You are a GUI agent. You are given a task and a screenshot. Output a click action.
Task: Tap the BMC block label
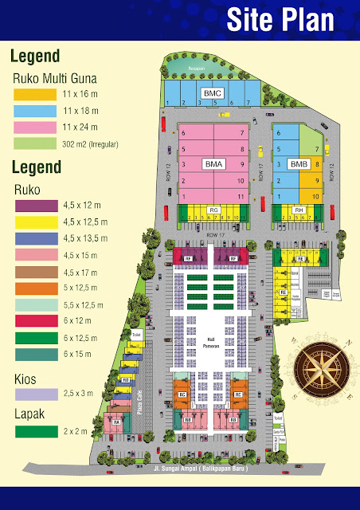tap(212, 94)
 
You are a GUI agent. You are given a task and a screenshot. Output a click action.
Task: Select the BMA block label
tap(213, 164)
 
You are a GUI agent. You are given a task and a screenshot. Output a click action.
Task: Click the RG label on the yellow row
tap(213, 210)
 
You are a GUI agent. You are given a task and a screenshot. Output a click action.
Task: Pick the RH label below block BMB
tap(299, 210)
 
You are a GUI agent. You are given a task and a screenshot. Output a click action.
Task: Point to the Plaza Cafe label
tap(139, 403)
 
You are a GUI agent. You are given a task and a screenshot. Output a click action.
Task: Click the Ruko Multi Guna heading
tap(54, 78)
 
